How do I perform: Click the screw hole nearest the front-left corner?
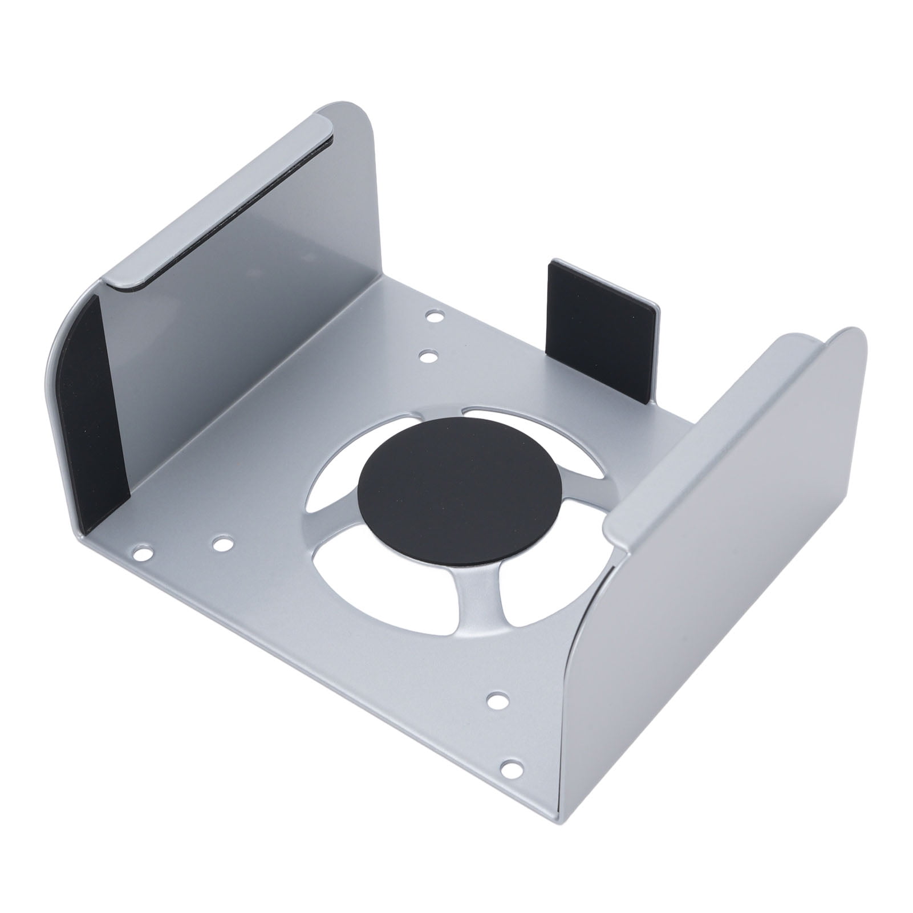tap(142, 552)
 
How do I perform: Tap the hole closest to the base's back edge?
tap(435, 315)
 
